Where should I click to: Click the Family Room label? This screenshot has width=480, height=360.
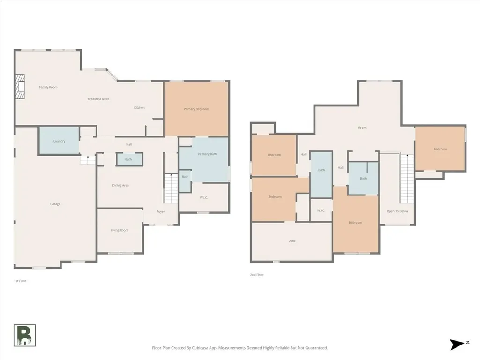pyautogui.click(x=48, y=87)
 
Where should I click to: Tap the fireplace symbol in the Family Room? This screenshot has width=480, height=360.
pyautogui.click(x=21, y=87)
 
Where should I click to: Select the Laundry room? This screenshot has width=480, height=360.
pyautogui.click(x=59, y=141)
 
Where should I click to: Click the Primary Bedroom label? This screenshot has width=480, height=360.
pyautogui.click(x=196, y=109)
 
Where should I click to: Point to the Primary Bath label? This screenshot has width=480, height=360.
pyautogui.click(x=207, y=154)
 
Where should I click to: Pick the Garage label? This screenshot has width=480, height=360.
pyautogui.click(x=55, y=204)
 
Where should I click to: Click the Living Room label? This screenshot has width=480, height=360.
pyautogui.click(x=120, y=230)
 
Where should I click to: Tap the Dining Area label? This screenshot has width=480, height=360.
pyautogui.click(x=120, y=185)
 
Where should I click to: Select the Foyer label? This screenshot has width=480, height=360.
pyautogui.click(x=161, y=211)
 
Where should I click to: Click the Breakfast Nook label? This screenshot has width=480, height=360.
pyautogui.click(x=98, y=99)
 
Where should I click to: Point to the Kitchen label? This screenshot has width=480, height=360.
pyautogui.click(x=139, y=107)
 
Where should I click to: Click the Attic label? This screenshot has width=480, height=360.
pyautogui.click(x=292, y=241)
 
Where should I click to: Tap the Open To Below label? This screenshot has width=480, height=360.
pyautogui.click(x=397, y=211)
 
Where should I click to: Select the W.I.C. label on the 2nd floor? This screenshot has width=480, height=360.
pyautogui.click(x=321, y=210)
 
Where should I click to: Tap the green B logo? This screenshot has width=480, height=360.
pyautogui.click(x=25, y=336)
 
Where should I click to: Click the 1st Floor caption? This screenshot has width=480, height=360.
pyautogui.click(x=20, y=281)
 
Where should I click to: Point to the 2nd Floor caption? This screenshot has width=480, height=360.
pyautogui.click(x=257, y=275)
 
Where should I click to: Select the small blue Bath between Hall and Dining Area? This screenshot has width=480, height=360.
pyautogui.click(x=129, y=159)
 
